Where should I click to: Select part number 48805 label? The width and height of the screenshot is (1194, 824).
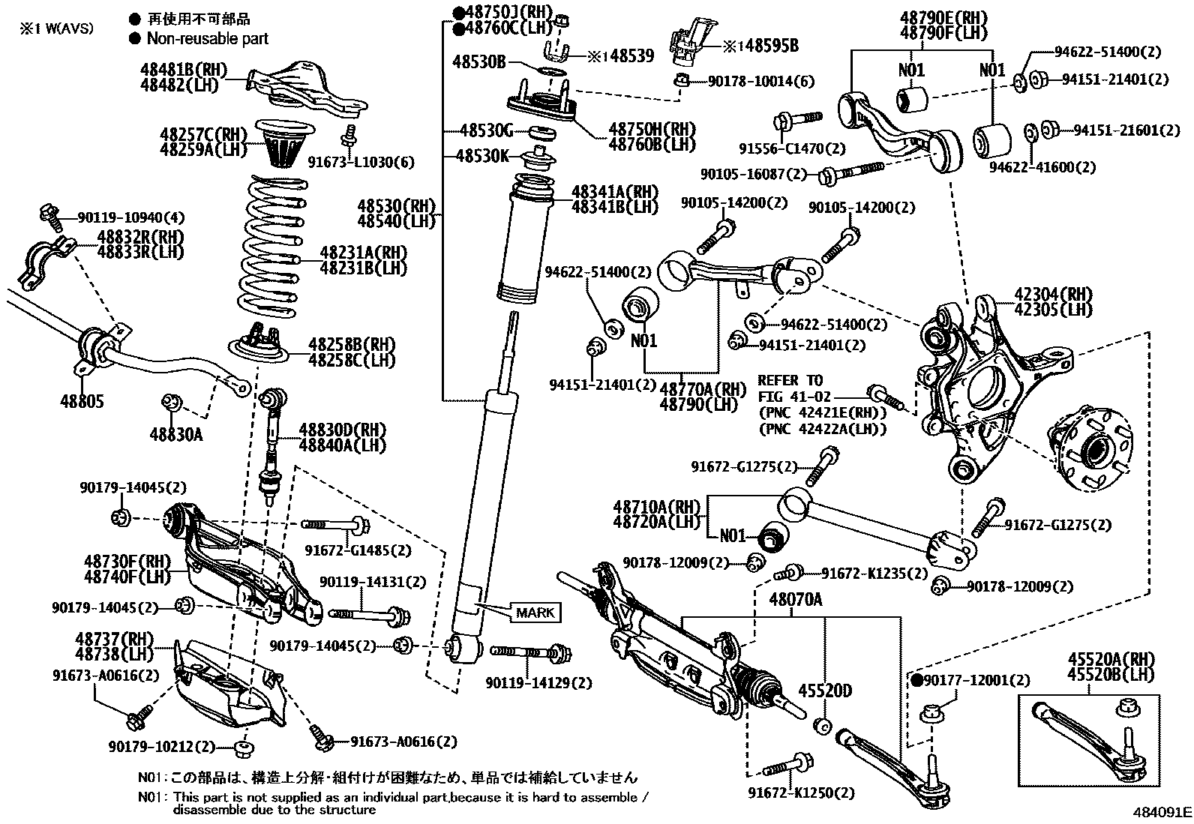click(x=82, y=402)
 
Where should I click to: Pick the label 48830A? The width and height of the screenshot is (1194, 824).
click(x=175, y=434)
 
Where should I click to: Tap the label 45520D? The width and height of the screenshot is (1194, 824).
click(x=825, y=690)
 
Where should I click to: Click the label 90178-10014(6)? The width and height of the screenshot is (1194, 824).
click(x=760, y=81)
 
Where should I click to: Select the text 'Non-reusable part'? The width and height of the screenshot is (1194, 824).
click(x=207, y=38)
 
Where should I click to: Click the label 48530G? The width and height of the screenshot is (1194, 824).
click(x=485, y=132)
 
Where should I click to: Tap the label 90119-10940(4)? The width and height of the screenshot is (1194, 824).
click(x=130, y=218)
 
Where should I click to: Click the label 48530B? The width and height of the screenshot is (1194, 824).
click(x=478, y=61)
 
